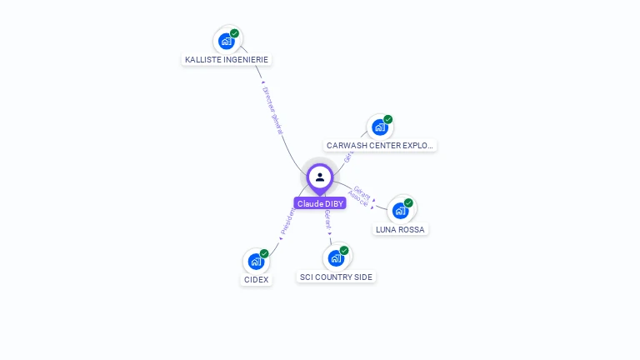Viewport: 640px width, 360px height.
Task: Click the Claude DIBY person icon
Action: (320, 177)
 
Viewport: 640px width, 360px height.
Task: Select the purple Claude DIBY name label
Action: (320, 203)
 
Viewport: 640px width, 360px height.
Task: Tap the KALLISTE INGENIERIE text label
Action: (227, 60)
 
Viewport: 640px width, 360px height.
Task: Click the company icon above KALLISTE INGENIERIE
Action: (226, 41)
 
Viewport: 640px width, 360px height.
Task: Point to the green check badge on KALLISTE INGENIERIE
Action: (235, 33)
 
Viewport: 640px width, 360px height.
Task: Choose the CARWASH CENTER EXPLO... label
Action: (380, 146)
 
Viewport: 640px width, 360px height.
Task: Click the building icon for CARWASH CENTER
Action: (380, 127)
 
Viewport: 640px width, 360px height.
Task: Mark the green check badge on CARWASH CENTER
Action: (388, 119)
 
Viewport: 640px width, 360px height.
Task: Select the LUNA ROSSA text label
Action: (400, 229)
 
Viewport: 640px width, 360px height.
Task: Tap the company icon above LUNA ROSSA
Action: (400, 211)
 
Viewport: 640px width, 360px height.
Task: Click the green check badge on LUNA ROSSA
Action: (408, 202)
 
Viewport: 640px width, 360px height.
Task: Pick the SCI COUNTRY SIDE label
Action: (336, 277)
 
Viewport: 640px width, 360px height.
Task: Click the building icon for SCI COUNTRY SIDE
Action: (336, 258)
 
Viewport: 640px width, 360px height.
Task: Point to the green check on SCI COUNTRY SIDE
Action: (344, 250)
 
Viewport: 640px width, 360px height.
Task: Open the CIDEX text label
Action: (256, 280)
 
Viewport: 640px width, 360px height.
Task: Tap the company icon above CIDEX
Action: (256, 262)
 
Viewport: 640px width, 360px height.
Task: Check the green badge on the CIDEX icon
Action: (264, 253)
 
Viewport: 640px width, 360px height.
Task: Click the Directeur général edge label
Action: (272, 110)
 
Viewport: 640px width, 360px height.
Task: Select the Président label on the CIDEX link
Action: (287, 220)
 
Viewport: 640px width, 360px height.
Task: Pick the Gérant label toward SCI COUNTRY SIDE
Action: (327, 221)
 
